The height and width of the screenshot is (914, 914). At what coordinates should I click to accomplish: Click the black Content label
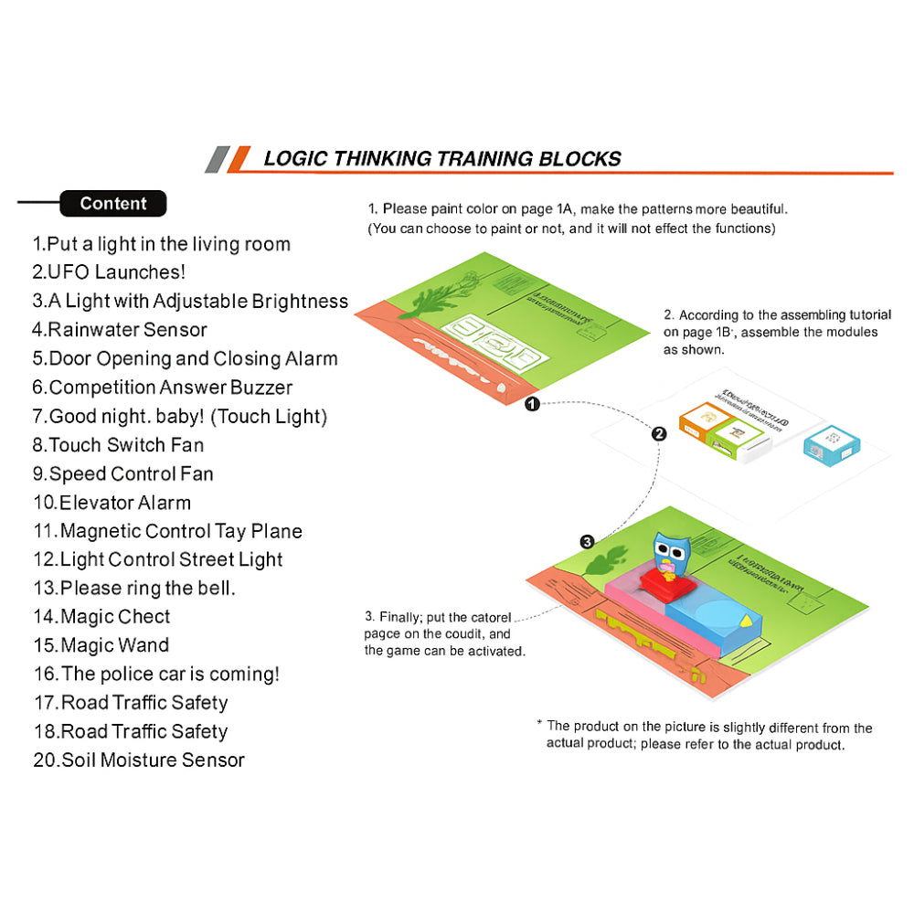[113, 204]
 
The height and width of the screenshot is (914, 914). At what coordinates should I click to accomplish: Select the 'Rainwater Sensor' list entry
[120, 330]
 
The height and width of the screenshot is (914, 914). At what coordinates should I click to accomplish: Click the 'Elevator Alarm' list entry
[112, 503]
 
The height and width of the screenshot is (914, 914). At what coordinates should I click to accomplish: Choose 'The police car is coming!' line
[156, 675]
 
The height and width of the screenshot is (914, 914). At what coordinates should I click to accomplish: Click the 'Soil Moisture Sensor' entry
[139, 760]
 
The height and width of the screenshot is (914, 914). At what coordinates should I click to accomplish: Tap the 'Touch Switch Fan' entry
[118, 445]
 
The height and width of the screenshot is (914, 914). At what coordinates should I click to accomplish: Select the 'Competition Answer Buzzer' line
[163, 388]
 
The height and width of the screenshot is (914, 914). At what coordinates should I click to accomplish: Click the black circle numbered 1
[532, 404]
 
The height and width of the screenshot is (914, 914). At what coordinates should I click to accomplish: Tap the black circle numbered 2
[659, 434]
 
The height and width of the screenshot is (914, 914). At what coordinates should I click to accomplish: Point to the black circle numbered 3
[588, 541]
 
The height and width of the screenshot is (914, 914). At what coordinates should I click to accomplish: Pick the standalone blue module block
[831, 445]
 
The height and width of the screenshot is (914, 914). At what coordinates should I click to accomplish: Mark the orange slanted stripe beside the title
[238, 159]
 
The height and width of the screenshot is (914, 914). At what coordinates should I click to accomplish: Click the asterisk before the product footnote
[540, 724]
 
